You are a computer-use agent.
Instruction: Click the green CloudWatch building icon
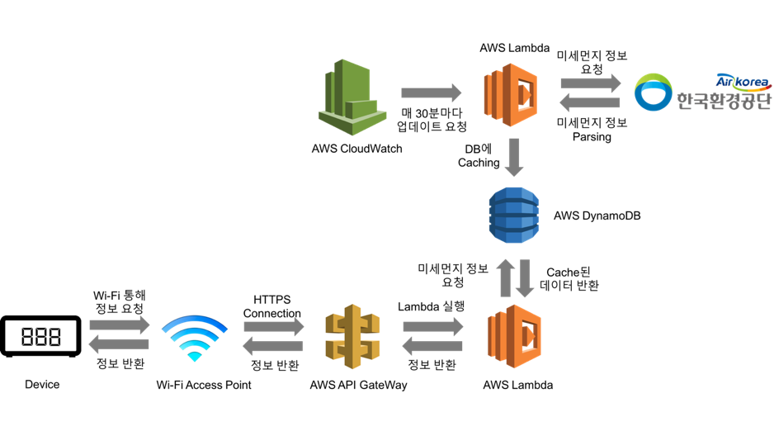click(353, 97)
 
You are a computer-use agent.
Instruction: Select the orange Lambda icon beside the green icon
click(508, 94)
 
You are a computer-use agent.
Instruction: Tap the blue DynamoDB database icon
click(513, 216)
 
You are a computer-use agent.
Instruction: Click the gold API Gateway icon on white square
click(352, 335)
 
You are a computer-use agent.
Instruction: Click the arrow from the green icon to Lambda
click(431, 93)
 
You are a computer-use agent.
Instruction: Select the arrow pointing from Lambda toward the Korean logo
click(590, 83)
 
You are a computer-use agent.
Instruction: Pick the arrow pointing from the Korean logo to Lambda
click(590, 103)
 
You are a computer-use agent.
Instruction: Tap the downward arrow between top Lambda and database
click(514, 158)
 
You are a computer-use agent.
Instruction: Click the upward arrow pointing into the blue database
click(504, 278)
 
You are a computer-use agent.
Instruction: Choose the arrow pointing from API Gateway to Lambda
click(432, 325)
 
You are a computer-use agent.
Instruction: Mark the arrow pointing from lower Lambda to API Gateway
click(432, 345)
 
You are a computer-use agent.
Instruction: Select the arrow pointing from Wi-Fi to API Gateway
click(274, 325)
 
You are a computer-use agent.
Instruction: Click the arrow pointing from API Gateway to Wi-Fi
click(274, 345)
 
